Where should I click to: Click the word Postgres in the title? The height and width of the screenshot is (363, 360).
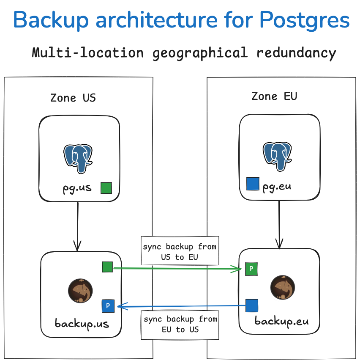[x=304, y=19]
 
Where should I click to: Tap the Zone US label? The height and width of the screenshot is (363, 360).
[x=73, y=98]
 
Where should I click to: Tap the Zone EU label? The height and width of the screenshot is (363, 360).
[x=274, y=96]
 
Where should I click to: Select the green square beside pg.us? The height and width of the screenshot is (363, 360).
[x=106, y=188]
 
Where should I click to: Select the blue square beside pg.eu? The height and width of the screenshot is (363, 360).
[x=252, y=184]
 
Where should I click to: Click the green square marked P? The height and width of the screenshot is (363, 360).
[x=251, y=268]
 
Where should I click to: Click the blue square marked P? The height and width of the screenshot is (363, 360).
[x=108, y=305]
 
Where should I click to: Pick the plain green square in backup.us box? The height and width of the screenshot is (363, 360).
[x=107, y=267]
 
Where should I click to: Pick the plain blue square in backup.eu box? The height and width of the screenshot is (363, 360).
[x=252, y=305]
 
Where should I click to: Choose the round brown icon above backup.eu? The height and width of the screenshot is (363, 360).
[x=282, y=287]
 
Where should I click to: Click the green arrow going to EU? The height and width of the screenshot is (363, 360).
[x=177, y=268]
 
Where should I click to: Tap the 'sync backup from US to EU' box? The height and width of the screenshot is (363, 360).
[x=180, y=251]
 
